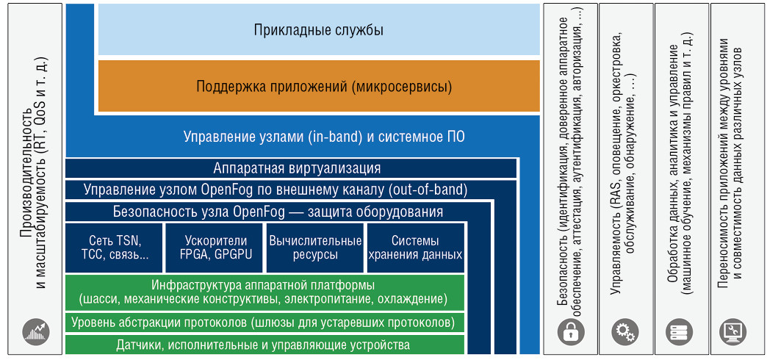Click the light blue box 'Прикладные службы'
319,30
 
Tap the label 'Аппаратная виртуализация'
297,169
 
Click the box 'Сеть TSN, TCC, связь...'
115,248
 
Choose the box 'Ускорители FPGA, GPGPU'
215,248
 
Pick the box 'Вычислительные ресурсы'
315,248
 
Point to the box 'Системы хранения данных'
415,248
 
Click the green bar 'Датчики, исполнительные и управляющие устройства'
264,345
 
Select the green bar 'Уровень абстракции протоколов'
264,323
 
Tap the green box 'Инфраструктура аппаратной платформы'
264,292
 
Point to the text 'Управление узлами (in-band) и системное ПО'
324,137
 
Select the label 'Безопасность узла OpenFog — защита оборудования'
278,212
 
